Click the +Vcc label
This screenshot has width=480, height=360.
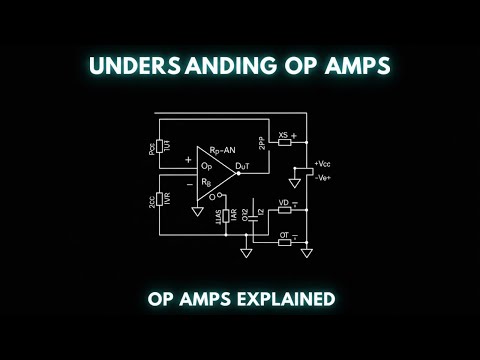[x=322, y=163]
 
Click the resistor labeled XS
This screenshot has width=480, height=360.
[x=284, y=141]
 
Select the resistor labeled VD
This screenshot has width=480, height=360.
[x=284, y=210]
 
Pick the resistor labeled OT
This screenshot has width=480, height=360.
[x=284, y=241]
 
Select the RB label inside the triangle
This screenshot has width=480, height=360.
[x=205, y=182]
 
